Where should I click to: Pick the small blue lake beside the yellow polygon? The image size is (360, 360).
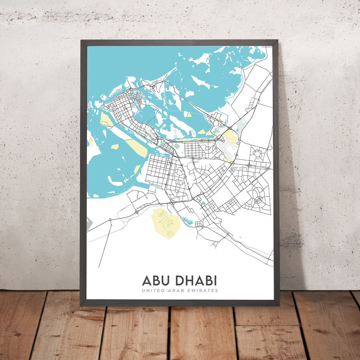click(x=187, y=220)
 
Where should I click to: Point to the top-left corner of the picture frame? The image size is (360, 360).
click(x=81, y=40)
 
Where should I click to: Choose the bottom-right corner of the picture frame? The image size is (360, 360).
click(x=278, y=305)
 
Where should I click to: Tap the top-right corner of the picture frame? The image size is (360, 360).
click(x=277, y=40)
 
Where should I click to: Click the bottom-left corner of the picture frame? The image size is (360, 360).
click(x=81, y=305)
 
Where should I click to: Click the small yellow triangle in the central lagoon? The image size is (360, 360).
click(x=188, y=114)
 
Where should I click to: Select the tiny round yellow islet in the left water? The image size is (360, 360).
click(x=114, y=146)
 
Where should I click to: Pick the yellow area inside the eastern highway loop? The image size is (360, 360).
click(x=231, y=138)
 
